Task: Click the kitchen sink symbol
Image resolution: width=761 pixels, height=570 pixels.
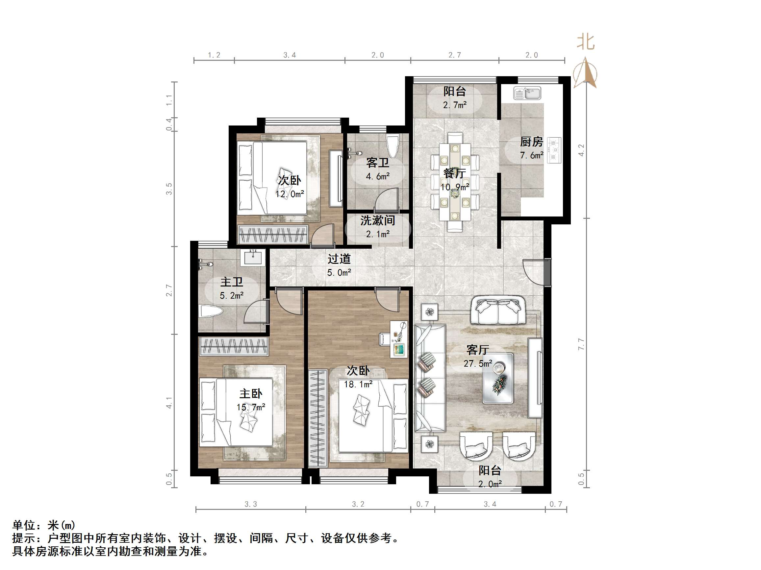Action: coord(527,93)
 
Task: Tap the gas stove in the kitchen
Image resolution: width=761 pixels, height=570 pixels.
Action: coord(554,150)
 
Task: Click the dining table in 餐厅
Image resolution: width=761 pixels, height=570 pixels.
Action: coord(455,182)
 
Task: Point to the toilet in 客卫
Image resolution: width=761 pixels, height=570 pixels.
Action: coord(393,146)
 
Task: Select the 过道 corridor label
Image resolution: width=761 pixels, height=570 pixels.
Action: coord(339,259)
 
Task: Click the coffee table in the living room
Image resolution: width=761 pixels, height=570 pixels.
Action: coord(498,378)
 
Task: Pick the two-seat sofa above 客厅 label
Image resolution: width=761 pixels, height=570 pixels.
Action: coord(498,311)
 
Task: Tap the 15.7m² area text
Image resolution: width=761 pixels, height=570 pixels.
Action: coord(251,407)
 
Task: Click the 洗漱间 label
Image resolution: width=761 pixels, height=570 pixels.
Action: coord(377,220)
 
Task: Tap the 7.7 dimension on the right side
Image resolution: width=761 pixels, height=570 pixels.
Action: coord(581,344)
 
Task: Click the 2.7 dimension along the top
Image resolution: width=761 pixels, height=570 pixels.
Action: coord(454,55)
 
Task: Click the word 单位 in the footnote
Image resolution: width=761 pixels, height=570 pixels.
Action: coord(24,525)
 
